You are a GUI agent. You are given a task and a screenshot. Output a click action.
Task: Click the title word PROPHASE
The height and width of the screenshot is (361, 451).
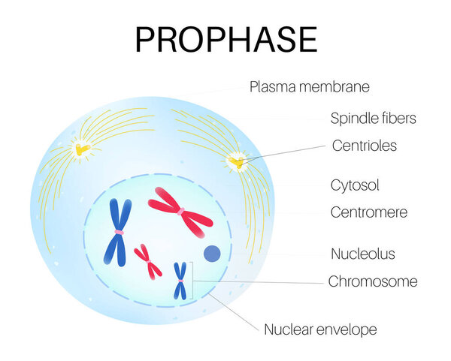[x=226, y=40]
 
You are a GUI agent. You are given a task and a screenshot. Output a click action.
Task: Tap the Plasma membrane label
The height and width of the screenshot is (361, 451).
[x=310, y=87]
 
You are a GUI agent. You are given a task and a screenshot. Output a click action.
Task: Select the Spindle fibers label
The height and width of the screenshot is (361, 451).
[x=373, y=118]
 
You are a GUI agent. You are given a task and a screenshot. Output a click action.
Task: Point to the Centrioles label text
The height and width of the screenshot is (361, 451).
[x=365, y=146]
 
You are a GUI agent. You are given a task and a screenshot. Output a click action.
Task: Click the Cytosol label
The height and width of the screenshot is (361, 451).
[x=355, y=185]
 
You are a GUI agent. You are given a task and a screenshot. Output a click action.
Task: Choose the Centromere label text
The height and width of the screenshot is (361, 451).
[x=369, y=212]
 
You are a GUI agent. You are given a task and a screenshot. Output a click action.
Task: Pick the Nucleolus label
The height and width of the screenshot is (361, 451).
[x=363, y=254]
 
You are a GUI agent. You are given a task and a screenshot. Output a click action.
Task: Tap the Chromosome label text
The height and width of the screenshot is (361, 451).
[x=373, y=281]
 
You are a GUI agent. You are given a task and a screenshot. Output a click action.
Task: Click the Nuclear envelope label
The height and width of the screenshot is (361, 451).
[x=320, y=329]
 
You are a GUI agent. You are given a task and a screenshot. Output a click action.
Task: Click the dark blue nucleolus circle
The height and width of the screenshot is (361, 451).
[x=212, y=254]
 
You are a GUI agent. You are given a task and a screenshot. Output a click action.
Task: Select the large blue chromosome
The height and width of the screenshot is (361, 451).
[x=118, y=232]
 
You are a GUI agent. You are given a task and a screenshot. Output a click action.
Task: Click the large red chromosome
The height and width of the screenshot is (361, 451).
[x=180, y=212]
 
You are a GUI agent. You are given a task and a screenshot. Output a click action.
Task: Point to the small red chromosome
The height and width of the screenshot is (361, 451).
[x=148, y=262]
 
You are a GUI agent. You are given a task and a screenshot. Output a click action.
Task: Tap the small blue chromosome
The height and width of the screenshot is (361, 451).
[x=180, y=281]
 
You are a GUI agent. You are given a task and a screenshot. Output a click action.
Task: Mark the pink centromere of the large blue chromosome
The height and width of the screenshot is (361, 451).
[x=119, y=233]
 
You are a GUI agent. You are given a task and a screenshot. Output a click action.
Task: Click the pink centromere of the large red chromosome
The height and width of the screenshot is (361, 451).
[x=180, y=212]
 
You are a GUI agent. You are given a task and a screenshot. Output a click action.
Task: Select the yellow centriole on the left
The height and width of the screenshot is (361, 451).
[x=82, y=149]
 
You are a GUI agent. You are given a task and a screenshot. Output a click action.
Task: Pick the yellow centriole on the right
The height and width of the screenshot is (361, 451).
[x=238, y=162]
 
